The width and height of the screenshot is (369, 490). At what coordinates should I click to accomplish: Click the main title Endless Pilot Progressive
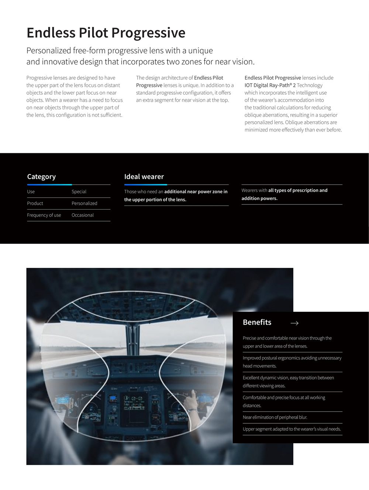pos(106,33)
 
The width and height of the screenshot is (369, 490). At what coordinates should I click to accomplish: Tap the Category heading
pos(41,176)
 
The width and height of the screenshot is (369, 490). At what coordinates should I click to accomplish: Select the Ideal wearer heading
pos(144,176)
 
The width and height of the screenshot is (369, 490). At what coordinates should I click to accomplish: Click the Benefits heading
pos(257,322)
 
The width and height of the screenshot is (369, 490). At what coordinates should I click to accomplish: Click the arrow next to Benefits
pos(294,323)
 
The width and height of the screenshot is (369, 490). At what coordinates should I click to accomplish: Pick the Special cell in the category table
pos(79,192)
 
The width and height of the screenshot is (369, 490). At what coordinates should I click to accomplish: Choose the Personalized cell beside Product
pos(85,203)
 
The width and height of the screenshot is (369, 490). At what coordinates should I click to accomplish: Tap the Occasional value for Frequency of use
pos(83,215)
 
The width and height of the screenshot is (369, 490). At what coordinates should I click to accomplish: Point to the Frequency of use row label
pos(44,215)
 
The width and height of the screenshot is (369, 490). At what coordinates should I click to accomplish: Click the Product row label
pos(35,203)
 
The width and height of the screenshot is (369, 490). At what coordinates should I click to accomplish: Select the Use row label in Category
pos(31,192)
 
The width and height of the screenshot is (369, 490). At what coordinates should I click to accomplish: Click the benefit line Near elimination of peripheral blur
pos(275,417)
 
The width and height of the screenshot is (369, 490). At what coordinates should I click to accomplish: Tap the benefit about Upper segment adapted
pos(292,429)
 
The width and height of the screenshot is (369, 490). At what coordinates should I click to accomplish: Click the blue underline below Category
pos(49,185)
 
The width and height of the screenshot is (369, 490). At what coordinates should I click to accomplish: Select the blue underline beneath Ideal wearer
pos(146,185)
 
